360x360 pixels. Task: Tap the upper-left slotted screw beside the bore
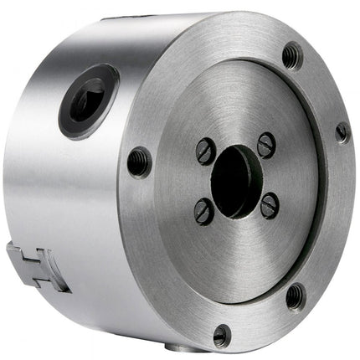[205, 151]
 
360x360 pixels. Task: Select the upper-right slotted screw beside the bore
[265, 144]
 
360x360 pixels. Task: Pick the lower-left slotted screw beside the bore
[203, 212]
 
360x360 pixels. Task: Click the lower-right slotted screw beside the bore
[268, 205]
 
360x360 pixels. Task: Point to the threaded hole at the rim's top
[292, 55]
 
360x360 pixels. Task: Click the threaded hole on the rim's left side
[139, 161]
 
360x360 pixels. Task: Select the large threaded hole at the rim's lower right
[296, 296]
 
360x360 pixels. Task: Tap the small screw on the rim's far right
[342, 132]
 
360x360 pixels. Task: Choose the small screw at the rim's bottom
[222, 335]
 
